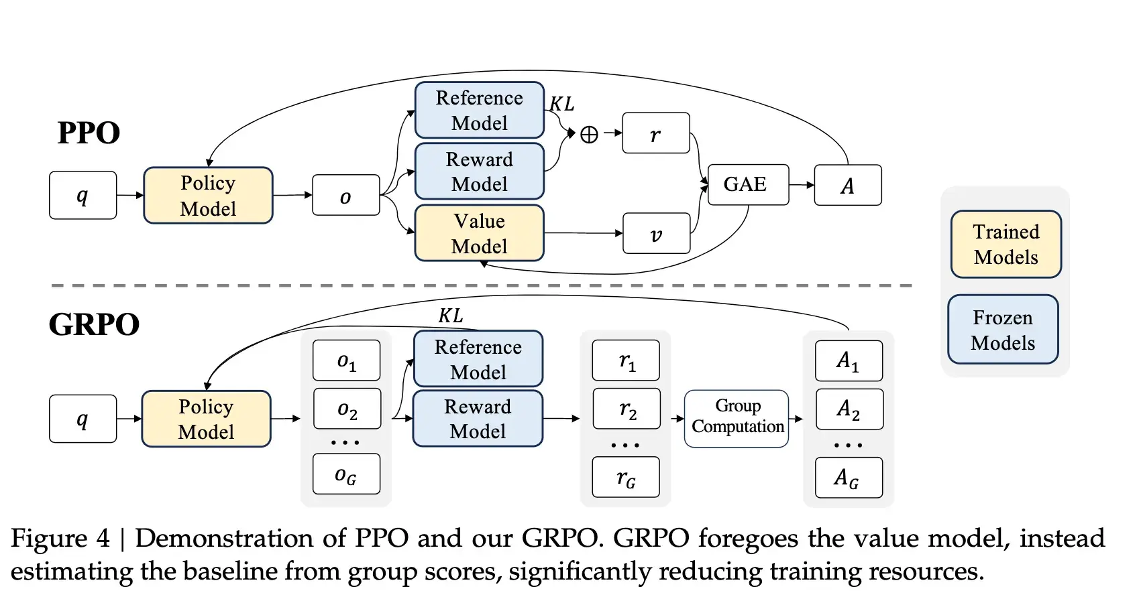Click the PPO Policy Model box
coord(208,196)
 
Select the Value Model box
coord(479,233)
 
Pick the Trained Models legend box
coord(1006,245)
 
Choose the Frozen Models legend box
coord(1003,330)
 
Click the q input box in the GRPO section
coord(83,419)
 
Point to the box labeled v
coord(656,234)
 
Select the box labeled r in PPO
coord(655,133)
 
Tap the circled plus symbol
coord(589,135)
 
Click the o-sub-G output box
coord(346,474)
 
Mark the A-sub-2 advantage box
coord(849,409)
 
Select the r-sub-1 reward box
coord(626,360)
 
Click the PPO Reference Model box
coord(479,111)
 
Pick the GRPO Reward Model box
coord(478,419)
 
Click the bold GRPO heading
coord(94,324)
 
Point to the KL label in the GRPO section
coord(451,316)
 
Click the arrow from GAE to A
coord(801,185)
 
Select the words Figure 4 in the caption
coord(60,539)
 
